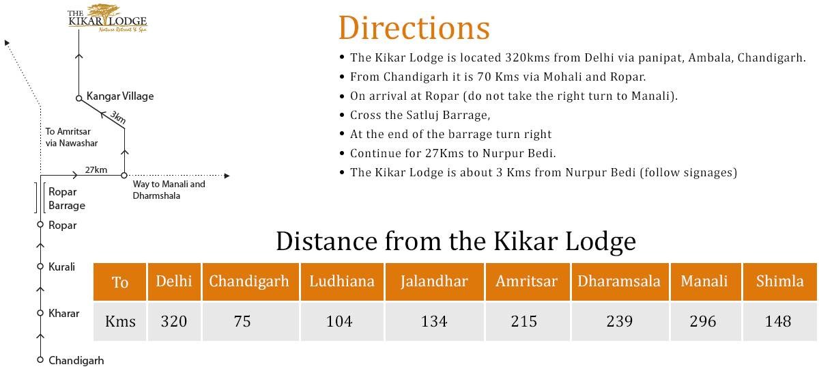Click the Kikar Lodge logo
(x=108, y=18)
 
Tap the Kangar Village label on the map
(x=120, y=96)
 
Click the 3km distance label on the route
(x=118, y=117)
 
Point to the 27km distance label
(x=96, y=170)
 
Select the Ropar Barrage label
(x=67, y=199)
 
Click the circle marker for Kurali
(x=40, y=266)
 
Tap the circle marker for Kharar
(x=40, y=313)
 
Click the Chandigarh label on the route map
(x=76, y=361)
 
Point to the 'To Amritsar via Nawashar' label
(x=71, y=137)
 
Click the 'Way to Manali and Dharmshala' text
(x=169, y=190)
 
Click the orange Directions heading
(x=414, y=28)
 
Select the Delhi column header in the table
(x=174, y=282)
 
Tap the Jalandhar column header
(x=434, y=282)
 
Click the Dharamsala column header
(x=620, y=282)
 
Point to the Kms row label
(x=120, y=321)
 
